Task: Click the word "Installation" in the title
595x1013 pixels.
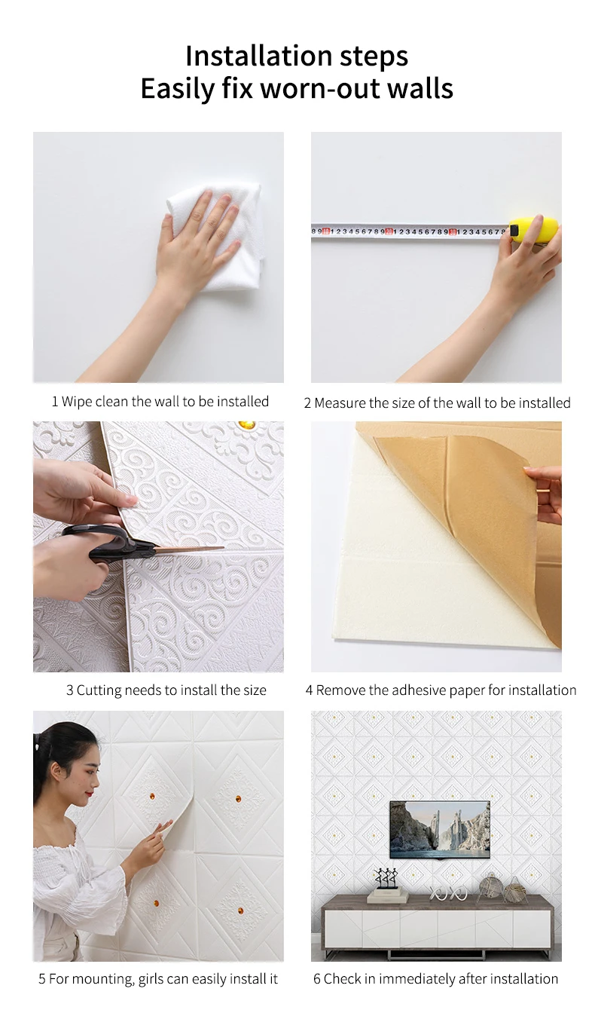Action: coord(259,56)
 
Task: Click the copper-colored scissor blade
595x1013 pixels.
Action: coord(190,549)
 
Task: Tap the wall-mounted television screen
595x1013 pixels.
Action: coord(440,829)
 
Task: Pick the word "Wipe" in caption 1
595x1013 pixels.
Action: coord(76,402)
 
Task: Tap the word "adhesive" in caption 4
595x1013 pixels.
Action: coord(420,690)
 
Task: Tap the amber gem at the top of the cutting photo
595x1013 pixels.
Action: coord(246,425)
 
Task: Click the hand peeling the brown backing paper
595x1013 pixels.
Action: coord(544,491)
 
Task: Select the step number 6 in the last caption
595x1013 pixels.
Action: coord(316,979)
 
